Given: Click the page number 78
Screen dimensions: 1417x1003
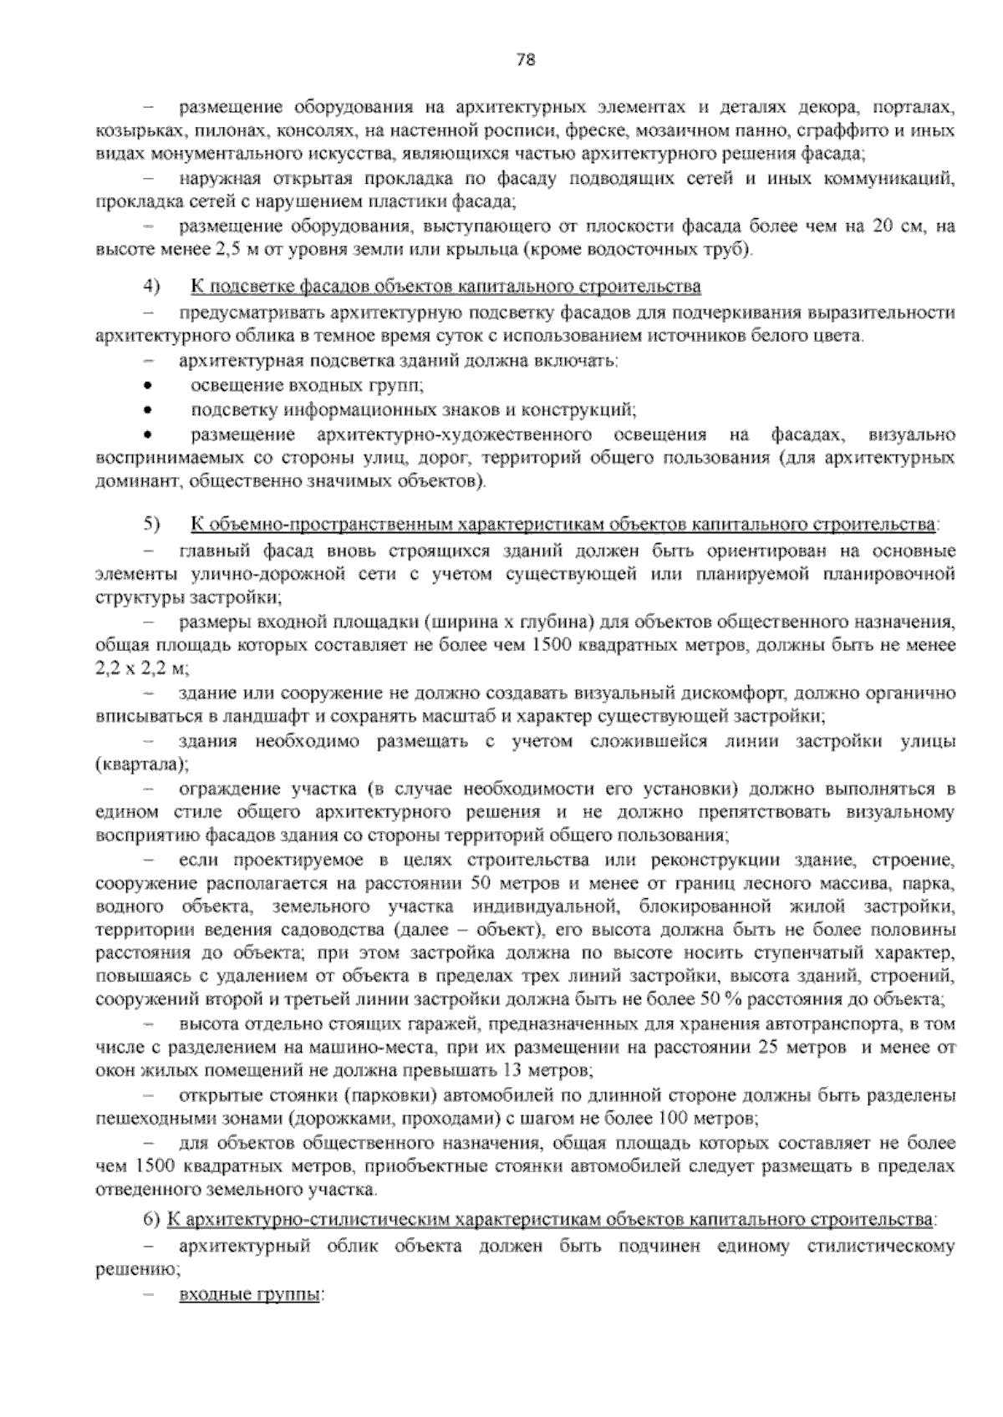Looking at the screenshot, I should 525,59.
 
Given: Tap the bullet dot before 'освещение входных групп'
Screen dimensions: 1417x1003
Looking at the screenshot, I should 147,386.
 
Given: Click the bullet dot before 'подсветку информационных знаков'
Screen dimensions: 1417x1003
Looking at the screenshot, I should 147,410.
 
